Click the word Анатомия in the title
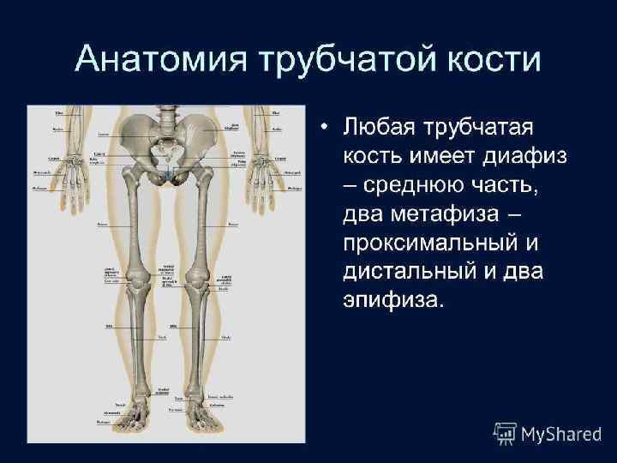click(164, 60)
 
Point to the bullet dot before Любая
click(323, 128)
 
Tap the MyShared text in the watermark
click(561, 434)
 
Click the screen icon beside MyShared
click(506, 433)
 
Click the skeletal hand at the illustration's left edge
click(75, 181)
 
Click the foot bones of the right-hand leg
click(205, 416)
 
